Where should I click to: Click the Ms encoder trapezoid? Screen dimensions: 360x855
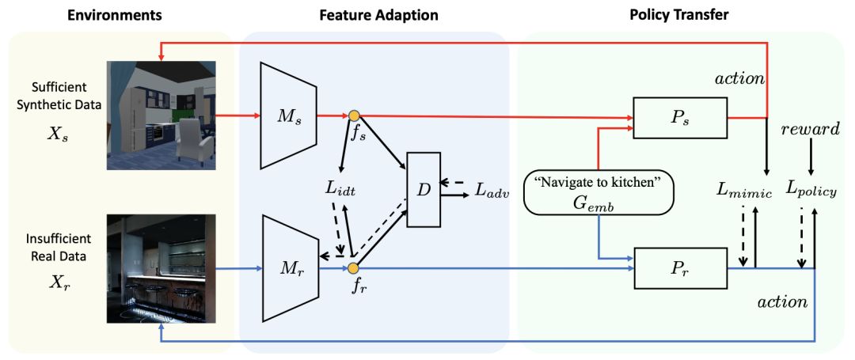pyautogui.click(x=288, y=116)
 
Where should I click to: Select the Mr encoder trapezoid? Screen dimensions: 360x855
pyautogui.click(x=288, y=269)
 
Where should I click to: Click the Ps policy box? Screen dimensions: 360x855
pyautogui.click(x=679, y=119)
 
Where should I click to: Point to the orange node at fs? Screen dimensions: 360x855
pyautogui.click(x=354, y=116)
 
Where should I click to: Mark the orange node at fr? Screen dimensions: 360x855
pyautogui.click(x=354, y=269)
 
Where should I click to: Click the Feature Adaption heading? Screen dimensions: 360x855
pyautogui.click(x=378, y=15)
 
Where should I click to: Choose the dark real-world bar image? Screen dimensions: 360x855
pyautogui.click(x=161, y=267)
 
